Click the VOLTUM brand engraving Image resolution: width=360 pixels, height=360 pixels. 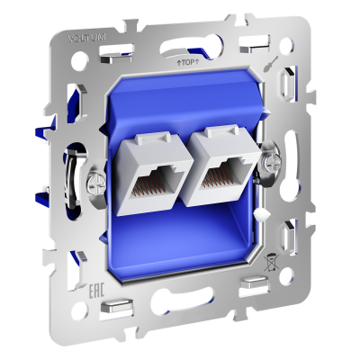click(86, 37)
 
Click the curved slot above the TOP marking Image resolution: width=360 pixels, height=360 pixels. click(184, 40)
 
